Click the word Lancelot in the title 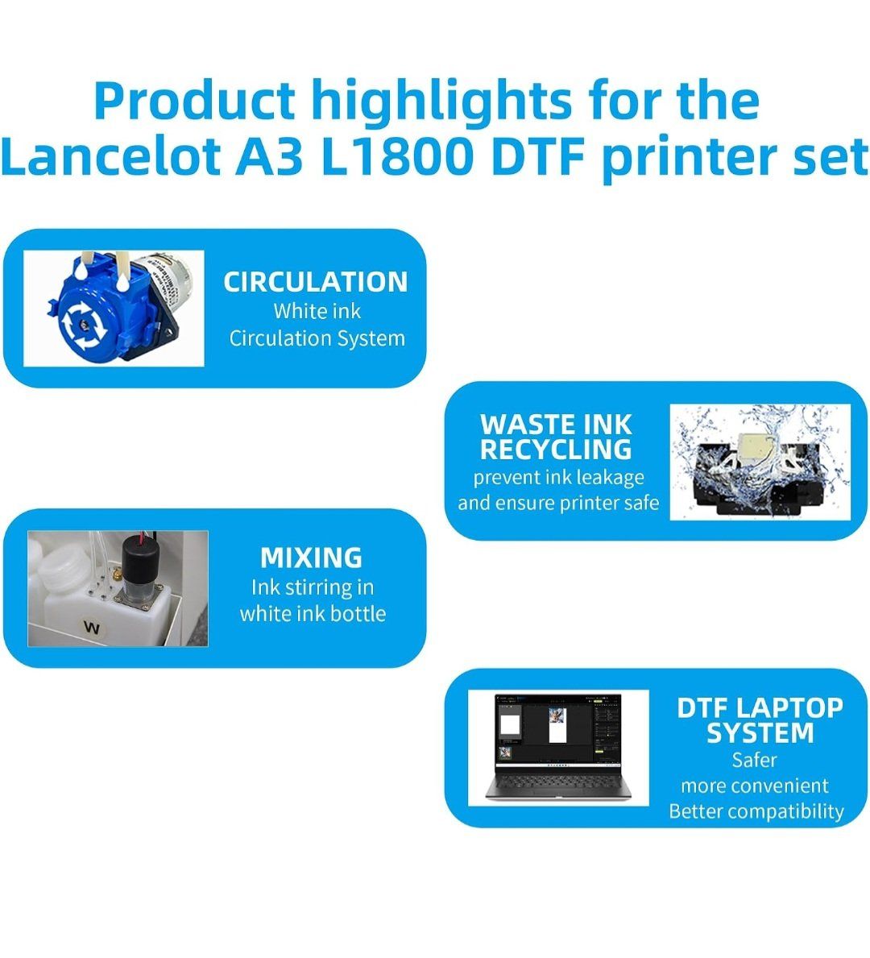(x=111, y=156)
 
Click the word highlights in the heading (x=441, y=102)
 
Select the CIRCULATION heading (x=315, y=282)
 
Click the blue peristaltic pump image (x=114, y=308)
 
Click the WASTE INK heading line (x=556, y=424)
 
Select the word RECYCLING (x=556, y=450)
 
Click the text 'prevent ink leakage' (x=558, y=477)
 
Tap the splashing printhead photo (x=760, y=462)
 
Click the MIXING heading (x=312, y=558)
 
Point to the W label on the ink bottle (x=92, y=627)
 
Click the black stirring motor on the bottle (x=140, y=559)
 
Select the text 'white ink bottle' (x=313, y=613)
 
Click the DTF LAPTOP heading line (x=760, y=707)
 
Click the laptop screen (x=557, y=731)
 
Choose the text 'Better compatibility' (x=756, y=811)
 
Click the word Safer (x=755, y=760)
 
